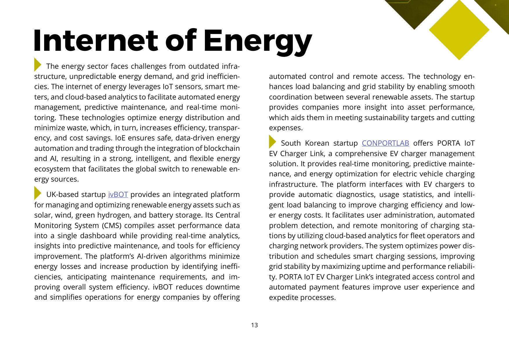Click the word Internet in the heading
point(96,41)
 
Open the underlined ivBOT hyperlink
point(118,195)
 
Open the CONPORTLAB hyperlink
point(385,143)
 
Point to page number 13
point(255,325)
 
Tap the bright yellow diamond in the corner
point(459,30)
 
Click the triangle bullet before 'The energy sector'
point(37,64)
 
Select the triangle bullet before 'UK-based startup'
point(37,193)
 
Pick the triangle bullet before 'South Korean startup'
point(272,142)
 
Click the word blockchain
point(222,149)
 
